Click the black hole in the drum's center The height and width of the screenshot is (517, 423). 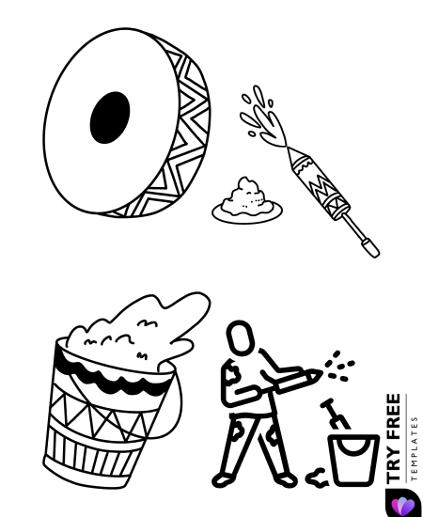110,117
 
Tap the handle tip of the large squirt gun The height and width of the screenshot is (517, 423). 371,249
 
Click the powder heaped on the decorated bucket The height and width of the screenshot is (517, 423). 141,329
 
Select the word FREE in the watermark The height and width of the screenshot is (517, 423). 393,418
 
